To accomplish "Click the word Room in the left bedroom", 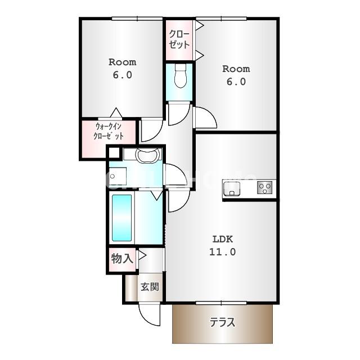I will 122,62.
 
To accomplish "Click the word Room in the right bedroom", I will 236,69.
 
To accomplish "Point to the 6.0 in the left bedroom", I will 122,75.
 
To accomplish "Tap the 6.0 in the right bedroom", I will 236,82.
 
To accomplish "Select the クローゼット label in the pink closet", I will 179,39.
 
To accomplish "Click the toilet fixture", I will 180,76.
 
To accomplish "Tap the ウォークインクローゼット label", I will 109,132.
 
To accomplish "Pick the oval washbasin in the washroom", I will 148,155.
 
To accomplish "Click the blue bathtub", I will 121,217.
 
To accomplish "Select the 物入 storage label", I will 122,259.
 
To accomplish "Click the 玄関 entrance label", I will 149,286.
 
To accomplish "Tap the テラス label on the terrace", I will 222,323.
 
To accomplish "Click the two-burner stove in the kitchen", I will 265,187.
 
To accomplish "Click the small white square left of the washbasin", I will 114,152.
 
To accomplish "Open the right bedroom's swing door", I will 205,118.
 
